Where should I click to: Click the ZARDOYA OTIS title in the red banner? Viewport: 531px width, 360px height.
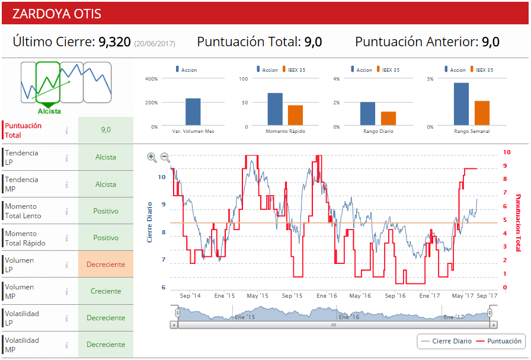coord(56,14)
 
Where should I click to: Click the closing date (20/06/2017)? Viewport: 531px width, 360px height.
coord(155,43)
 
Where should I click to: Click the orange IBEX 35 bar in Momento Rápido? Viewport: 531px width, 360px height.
coord(295,116)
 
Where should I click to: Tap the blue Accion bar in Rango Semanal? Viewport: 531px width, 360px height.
coord(461,104)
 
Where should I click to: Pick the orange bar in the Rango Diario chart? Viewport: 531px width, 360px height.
coord(388,119)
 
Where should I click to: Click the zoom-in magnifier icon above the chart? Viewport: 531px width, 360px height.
coord(152,157)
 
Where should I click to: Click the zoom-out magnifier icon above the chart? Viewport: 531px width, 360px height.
coord(165,157)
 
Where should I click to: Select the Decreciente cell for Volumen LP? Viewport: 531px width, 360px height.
coord(105,265)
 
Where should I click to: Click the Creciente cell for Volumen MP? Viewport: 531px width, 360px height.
coord(105,291)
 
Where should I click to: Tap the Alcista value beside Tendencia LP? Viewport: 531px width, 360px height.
coord(105,158)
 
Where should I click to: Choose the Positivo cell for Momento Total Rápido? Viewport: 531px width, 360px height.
coord(105,238)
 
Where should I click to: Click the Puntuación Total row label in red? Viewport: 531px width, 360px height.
coord(24,130)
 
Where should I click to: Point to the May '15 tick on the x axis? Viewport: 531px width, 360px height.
coord(258,295)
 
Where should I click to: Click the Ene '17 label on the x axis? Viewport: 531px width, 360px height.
coord(430,295)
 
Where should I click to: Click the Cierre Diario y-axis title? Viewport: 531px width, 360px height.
coord(150,222)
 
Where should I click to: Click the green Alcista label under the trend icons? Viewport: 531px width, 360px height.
coord(49,111)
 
